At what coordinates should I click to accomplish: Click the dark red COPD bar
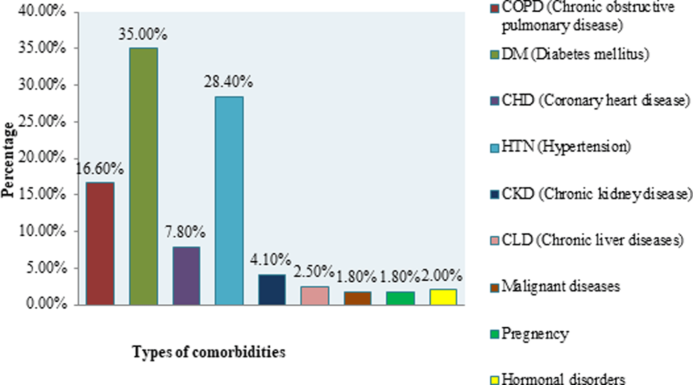pos(100,244)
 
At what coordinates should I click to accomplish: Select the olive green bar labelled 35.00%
pos(143,176)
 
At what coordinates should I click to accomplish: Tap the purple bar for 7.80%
pos(186,276)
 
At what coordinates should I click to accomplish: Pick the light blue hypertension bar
pos(229,201)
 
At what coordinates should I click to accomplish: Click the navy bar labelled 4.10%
pos(272,290)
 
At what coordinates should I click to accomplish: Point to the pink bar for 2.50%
pos(315,295)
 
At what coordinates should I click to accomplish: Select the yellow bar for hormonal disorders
pos(443,297)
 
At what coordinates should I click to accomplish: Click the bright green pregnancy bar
pos(400,298)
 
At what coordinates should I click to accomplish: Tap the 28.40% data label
pos(229,82)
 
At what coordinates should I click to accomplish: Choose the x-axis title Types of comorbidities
pos(209,352)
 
